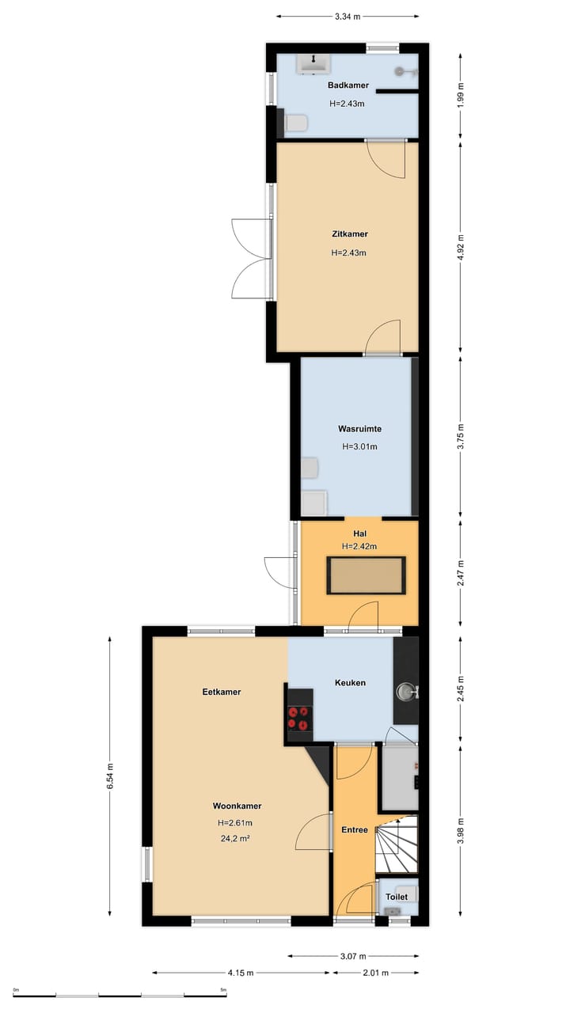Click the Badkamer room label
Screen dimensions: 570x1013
(x=348, y=85)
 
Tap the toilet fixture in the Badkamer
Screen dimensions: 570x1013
(x=296, y=123)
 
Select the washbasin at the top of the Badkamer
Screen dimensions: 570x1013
(x=313, y=64)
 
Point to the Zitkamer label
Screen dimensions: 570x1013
(x=350, y=233)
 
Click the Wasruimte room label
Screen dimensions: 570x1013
(x=359, y=428)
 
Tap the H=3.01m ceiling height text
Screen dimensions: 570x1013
(x=359, y=446)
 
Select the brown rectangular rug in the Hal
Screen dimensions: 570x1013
(x=366, y=575)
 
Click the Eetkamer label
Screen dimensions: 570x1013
(x=221, y=692)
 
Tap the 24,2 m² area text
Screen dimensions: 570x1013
(x=235, y=838)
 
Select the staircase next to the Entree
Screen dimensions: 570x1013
(x=397, y=844)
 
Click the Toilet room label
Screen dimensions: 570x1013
(x=397, y=897)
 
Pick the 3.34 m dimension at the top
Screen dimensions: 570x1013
(x=348, y=17)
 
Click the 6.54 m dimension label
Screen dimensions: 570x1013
(x=110, y=776)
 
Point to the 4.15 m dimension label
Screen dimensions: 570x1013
(x=241, y=973)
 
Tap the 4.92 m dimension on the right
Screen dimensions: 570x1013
(x=461, y=248)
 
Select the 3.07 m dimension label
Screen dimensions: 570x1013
(x=353, y=956)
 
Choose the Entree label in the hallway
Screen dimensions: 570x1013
(x=354, y=830)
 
